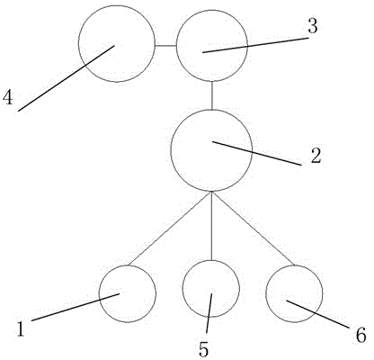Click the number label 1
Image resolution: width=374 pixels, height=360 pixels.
[21, 328]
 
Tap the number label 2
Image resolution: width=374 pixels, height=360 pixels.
[316, 156]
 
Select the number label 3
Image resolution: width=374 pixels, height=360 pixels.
[313, 26]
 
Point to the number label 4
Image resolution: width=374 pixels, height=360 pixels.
[8, 97]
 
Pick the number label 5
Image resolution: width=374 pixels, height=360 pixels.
[203, 349]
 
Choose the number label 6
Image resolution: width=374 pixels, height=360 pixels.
[361, 335]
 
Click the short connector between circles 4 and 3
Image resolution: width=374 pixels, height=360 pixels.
[165, 46]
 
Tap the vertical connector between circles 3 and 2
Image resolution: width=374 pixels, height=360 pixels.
[212, 95]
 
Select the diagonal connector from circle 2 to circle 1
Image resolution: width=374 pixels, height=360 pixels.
[170, 229]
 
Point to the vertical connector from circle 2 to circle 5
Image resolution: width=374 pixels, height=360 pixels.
[211, 226]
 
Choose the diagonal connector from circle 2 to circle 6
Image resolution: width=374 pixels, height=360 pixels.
[254, 229]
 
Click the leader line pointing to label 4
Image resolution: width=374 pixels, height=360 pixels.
[67, 78]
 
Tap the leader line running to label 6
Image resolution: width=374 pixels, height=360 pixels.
[318, 314]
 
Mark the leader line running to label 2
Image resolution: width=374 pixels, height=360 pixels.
[257, 153]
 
